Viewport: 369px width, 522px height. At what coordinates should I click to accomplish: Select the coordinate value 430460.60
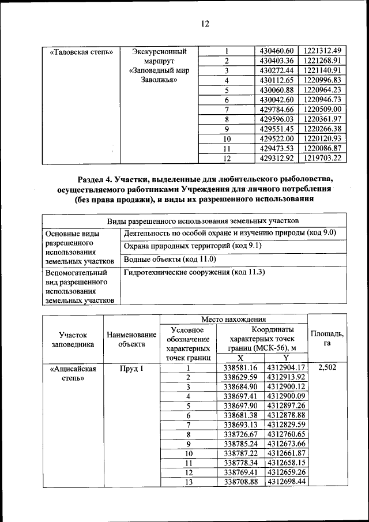coord(277,50)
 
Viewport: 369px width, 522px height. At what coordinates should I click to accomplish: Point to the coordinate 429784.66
coord(277,109)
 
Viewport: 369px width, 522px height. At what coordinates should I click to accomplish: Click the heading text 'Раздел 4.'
coord(97,179)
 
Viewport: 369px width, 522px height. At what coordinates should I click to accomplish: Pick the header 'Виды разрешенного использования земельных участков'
coord(203,220)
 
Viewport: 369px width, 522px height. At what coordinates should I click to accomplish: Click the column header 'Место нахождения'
coord(233,319)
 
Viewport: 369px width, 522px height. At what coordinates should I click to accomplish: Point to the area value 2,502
coord(327,367)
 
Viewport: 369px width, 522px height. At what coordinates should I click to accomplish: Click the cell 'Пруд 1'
coord(131,367)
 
